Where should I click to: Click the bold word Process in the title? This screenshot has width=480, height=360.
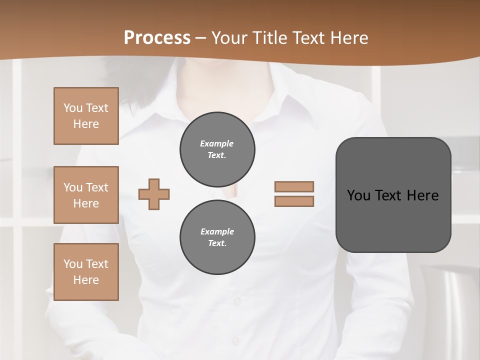(x=157, y=38)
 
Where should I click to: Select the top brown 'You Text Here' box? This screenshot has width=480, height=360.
(x=86, y=116)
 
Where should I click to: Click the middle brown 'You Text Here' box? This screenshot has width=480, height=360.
(x=86, y=195)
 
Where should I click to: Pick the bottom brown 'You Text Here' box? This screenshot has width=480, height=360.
(x=86, y=272)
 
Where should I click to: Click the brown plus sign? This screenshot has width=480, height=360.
(x=154, y=194)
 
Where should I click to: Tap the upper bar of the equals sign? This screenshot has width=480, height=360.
(x=294, y=186)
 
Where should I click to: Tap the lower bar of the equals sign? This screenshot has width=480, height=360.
(x=294, y=201)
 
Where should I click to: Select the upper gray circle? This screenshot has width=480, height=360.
(x=217, y=149)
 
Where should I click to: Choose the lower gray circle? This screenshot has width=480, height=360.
(x=217, y=237)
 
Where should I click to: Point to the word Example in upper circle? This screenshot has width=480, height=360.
(x=217, y=143)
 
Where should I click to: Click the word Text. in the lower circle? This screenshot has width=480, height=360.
(x=217, y=243)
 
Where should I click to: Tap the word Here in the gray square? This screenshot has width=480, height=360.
(x=422, y=195)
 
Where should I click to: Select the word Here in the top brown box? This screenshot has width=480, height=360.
(x=86, y=124)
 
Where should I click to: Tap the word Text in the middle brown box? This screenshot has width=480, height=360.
(x=97, y=187)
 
